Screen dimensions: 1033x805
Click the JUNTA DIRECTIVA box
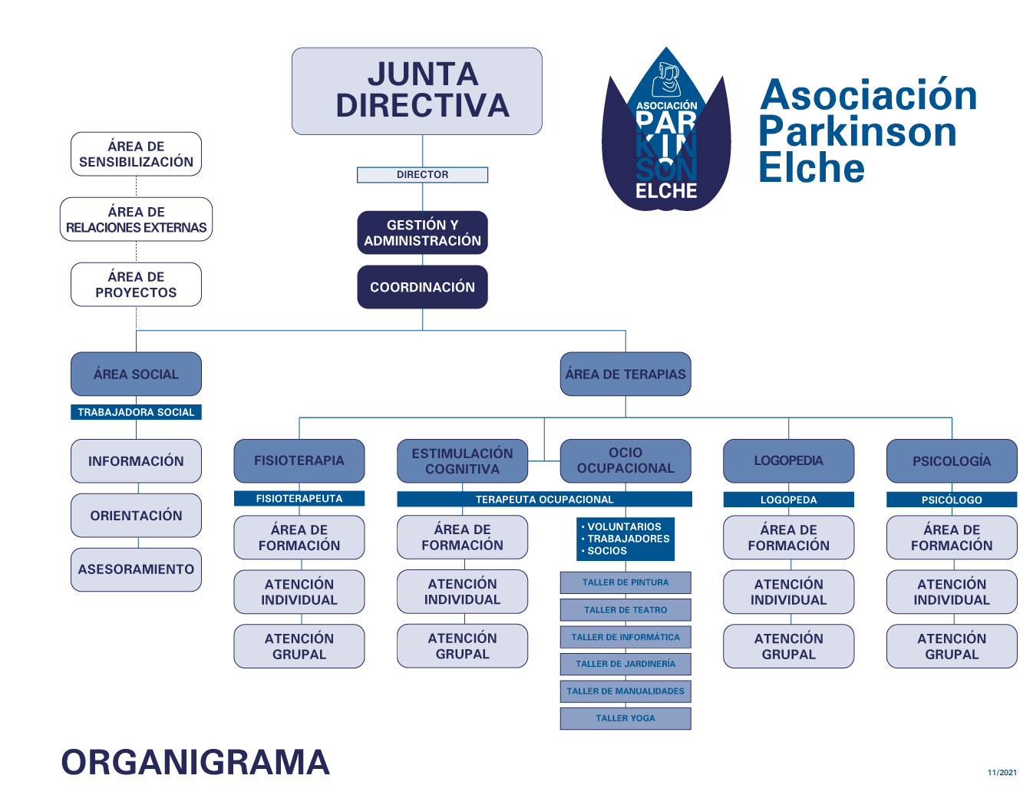417,91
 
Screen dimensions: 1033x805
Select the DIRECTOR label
422,174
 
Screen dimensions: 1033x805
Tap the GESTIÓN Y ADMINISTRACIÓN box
422,233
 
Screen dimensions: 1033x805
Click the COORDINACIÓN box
422,286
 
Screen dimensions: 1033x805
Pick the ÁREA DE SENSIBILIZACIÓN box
136,153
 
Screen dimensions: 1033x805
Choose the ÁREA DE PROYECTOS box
136,284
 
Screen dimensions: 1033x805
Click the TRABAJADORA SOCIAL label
136,412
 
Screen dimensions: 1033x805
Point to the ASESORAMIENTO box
136,569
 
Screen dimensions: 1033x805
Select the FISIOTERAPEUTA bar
299,498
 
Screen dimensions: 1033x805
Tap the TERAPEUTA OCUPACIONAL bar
544,499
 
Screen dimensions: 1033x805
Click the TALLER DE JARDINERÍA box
625,664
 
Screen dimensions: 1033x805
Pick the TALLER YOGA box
625,718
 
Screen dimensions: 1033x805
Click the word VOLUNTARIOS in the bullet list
624,526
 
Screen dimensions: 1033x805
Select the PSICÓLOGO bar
952,500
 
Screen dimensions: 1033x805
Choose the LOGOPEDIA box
788,460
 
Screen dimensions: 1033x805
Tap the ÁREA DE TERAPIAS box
625,374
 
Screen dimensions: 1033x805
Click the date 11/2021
1002,772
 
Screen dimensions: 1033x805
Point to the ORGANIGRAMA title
196,762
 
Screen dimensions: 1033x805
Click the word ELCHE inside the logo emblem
666,191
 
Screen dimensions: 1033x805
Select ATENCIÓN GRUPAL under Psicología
952,646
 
